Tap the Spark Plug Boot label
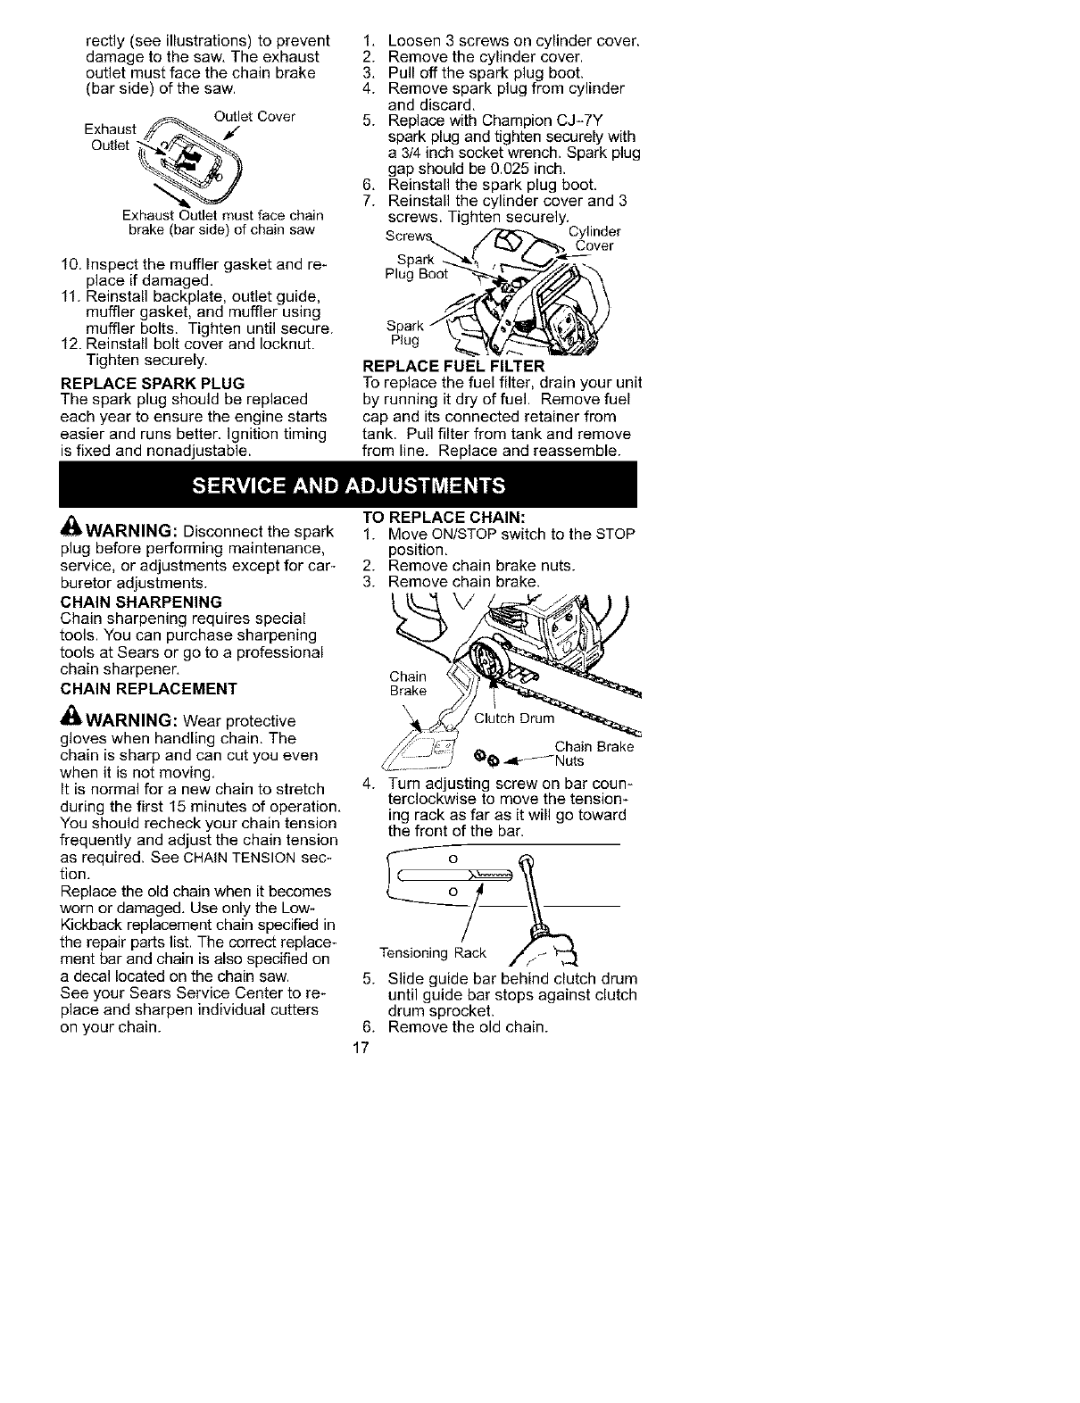[415, 267]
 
